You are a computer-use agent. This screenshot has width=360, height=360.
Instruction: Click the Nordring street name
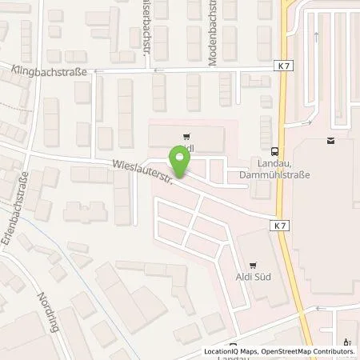(46, 308)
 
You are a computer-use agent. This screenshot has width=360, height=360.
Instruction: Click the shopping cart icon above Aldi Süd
(254, 263)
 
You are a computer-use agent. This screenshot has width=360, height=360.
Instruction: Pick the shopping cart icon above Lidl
(187, 135)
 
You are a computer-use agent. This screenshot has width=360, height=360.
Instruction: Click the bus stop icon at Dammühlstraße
(275, 150)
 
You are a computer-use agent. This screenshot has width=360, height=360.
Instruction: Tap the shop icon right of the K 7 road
(330, 141)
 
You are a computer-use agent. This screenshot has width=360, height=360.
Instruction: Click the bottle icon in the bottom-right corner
(347, 341)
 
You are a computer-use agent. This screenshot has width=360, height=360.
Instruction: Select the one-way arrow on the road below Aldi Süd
(320, 308)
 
